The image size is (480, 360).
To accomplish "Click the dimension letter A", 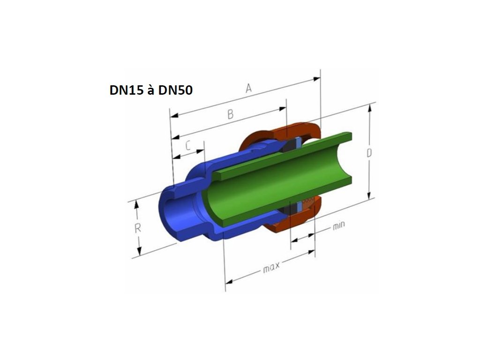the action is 249,88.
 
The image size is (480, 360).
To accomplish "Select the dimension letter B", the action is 231,114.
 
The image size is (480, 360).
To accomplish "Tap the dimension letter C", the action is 188,145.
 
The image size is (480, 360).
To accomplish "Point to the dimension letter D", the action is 369,153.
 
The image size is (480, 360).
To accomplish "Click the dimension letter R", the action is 138,228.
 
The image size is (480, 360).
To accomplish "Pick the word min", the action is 338,225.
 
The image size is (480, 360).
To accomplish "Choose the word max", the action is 271,267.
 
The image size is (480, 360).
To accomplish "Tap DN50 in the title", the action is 175,90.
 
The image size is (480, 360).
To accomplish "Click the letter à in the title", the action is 151,90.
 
